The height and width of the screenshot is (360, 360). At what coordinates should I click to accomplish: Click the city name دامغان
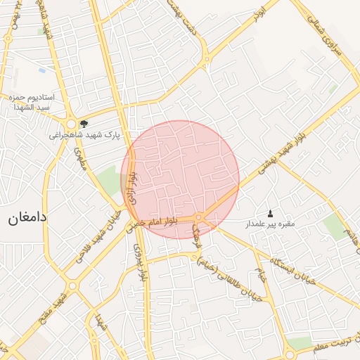(x=27, y=218)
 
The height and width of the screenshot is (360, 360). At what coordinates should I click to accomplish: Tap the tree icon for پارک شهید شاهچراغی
(x=84, y=123)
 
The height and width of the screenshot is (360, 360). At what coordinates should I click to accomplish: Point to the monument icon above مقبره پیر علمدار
(x=271, y=213)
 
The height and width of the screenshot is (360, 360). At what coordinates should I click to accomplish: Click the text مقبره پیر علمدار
(x=269, y=224)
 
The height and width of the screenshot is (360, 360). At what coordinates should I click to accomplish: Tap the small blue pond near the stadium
(x=42, y=70)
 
